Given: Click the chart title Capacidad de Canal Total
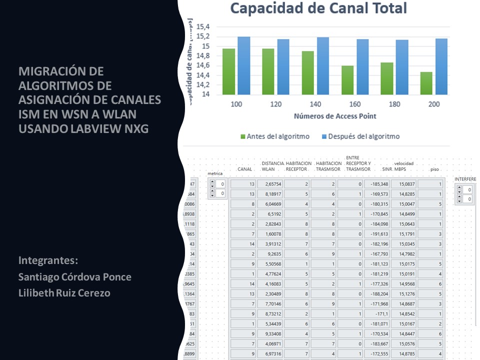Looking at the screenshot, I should [x=318, y=8].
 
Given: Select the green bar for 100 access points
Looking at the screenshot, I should [x=228, y=71].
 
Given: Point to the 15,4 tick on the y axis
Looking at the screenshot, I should [x=203, y=26].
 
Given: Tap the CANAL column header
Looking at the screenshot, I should [x=244, y=169].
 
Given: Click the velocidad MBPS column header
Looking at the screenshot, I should [x=404, y=166].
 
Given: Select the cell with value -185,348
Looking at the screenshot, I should [x=378, y=184].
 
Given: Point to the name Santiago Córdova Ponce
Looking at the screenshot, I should [x=75, y=276].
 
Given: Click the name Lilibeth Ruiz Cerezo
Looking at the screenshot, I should [x=64, y=293].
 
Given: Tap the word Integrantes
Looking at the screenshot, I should [x=48, y=260].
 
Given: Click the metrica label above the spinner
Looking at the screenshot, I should [x=215, y=173].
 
